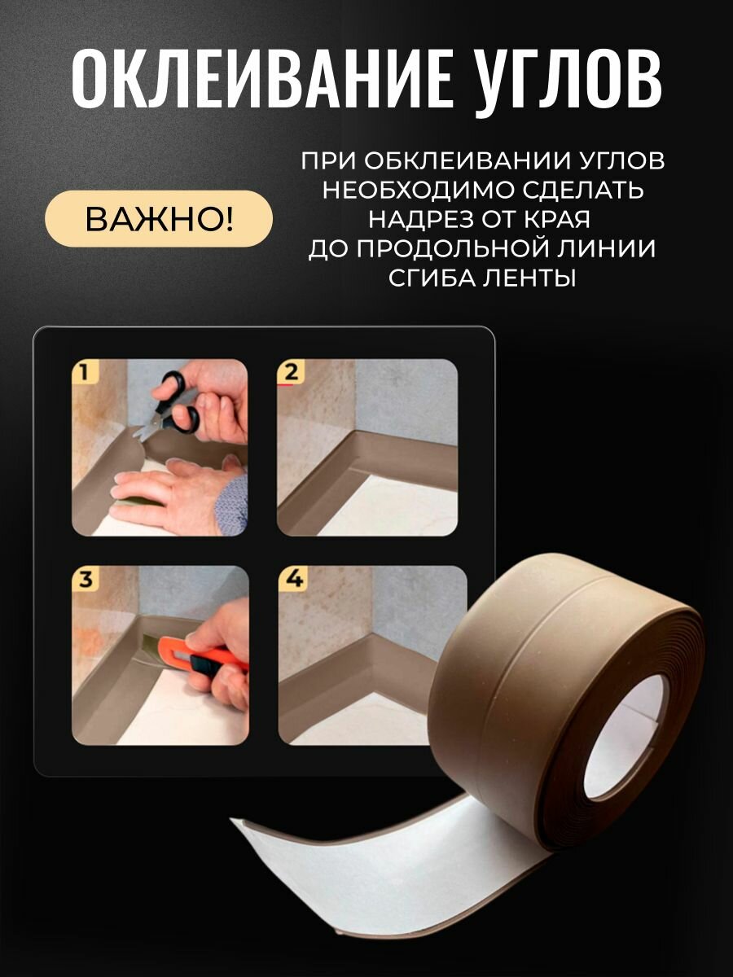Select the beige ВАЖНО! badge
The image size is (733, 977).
[x=159, y=219]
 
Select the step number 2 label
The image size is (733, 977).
[x=290, y=373]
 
